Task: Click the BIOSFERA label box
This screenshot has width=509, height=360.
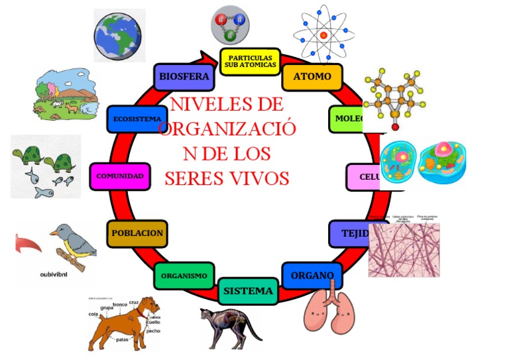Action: (184, 76)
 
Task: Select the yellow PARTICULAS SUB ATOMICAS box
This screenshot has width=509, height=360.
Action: (250, 61)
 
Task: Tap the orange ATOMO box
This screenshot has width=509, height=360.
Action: (312, 77)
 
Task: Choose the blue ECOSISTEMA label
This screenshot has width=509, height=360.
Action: (137, 119)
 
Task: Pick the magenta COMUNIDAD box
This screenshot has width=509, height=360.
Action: (120, 176)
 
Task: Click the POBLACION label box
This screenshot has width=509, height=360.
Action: (137, 233)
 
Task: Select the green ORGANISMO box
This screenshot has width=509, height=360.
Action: (184, 276)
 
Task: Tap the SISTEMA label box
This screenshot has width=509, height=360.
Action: (248, 290)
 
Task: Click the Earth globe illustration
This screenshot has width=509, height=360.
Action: (119, 34)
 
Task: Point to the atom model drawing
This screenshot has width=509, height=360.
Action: (323, 34)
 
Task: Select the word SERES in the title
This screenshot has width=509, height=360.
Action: (196, 178)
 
